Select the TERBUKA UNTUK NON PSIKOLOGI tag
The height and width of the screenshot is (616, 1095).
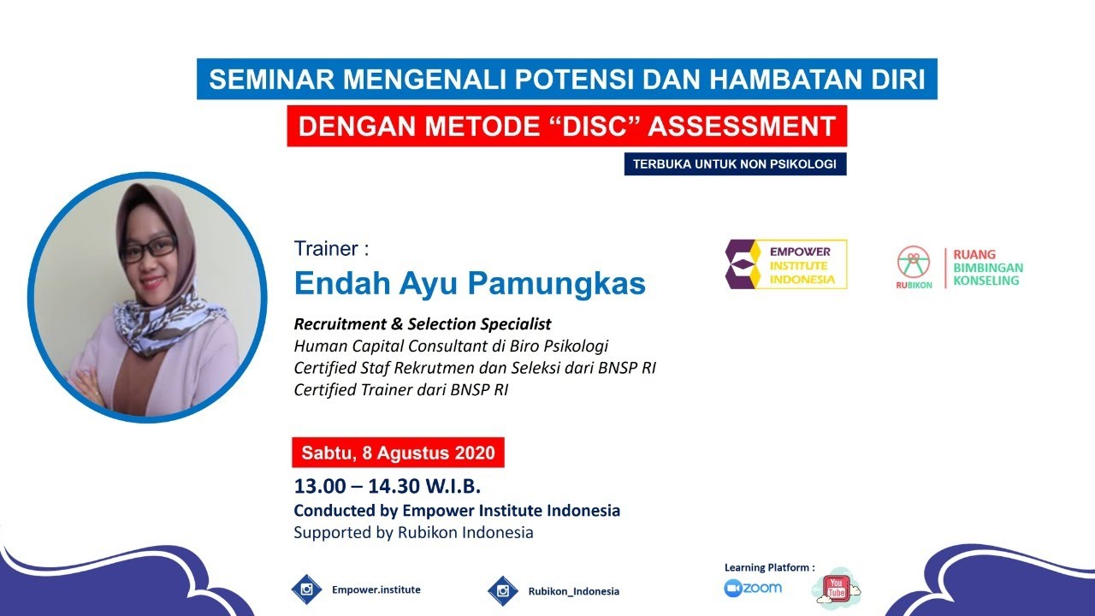(x=735, y=163)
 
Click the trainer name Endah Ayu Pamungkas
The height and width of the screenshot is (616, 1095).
(x=470, y=282)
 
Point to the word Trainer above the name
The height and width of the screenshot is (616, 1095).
(x=326, y=249)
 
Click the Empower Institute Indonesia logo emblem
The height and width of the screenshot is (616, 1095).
(x=744, y=264)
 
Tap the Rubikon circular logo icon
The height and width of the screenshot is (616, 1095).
(x=914, y=262)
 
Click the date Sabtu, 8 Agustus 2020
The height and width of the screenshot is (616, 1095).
(x=398, y=452)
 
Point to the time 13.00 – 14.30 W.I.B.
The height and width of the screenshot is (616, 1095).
(x=388, y=486)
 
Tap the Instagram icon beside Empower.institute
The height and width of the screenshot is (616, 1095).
(x=306, y=589)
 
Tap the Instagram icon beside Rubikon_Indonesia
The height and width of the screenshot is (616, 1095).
(x=503, y=590)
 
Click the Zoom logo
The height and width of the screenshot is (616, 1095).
(x=753, y=588)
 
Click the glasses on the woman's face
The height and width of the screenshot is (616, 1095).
(x=148, y=247)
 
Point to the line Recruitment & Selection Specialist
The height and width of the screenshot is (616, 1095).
(x=423, y=324)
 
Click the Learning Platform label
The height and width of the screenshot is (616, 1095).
(x=769, y=566)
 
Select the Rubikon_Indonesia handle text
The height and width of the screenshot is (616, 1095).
(x=573, y=591)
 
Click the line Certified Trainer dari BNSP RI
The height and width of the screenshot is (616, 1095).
(x=406, y=389)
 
